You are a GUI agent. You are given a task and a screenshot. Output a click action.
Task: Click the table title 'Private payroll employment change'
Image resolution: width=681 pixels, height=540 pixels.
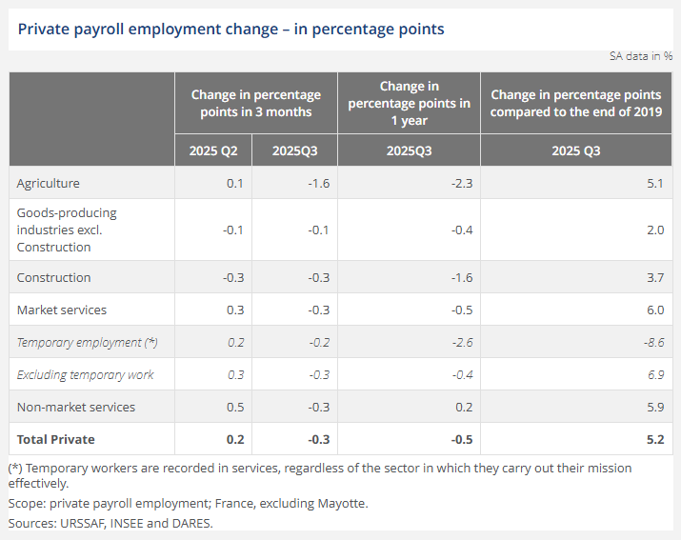[x=231, y=29]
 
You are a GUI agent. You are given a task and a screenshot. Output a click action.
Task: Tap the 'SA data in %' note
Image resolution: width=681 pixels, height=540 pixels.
[x=641, y=56]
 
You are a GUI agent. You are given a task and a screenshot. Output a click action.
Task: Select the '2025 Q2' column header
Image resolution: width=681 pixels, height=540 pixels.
[x=214, y=151]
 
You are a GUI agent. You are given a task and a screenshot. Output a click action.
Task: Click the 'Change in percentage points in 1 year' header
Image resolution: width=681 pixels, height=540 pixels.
[x=409, y=104]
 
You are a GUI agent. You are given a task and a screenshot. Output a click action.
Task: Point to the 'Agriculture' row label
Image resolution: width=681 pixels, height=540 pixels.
[x=49, y=183]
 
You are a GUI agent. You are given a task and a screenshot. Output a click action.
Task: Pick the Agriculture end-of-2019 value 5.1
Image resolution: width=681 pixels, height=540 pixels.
[x=654, y=183]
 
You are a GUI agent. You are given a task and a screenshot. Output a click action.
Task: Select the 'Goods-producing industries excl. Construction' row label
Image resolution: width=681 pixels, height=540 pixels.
[x=67, y=230]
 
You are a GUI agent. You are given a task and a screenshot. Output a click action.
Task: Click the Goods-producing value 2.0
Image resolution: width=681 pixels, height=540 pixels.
[x=654, y=230]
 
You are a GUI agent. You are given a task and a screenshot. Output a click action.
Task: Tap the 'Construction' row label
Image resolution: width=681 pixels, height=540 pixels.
[x=54, y=277]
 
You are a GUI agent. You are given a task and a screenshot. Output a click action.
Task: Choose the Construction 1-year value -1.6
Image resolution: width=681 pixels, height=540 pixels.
[x=458, y=277]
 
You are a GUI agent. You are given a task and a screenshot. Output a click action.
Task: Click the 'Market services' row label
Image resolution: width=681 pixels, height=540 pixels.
[x=62, y=310]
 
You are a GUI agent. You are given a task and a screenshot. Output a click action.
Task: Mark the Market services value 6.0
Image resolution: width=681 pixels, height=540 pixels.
[x=654, y=310]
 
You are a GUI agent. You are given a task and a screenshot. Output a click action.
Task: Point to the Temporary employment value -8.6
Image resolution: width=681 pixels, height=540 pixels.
[x=651, y=342]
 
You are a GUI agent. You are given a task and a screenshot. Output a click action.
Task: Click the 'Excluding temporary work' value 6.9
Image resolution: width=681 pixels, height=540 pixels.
[x=654, y=374]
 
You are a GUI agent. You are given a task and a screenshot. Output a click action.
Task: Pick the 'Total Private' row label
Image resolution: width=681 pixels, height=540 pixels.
[x=56, y=439]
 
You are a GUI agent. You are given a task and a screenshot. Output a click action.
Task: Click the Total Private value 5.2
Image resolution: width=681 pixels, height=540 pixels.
[x=654, y=439]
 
